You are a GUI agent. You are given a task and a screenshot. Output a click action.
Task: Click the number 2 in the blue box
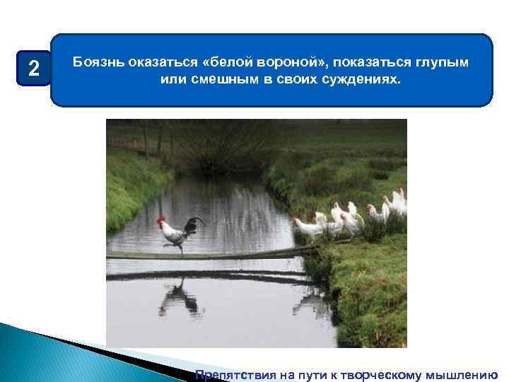[x=33, y=69]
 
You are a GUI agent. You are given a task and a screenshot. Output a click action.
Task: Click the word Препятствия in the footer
[x=233, y=375]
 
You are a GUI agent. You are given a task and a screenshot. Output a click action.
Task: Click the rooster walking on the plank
[x=178, y=233]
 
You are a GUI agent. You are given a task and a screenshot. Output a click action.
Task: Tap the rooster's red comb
[x=162, y=220]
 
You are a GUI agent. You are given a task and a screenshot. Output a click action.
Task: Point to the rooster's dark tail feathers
[x=192, y=224]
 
